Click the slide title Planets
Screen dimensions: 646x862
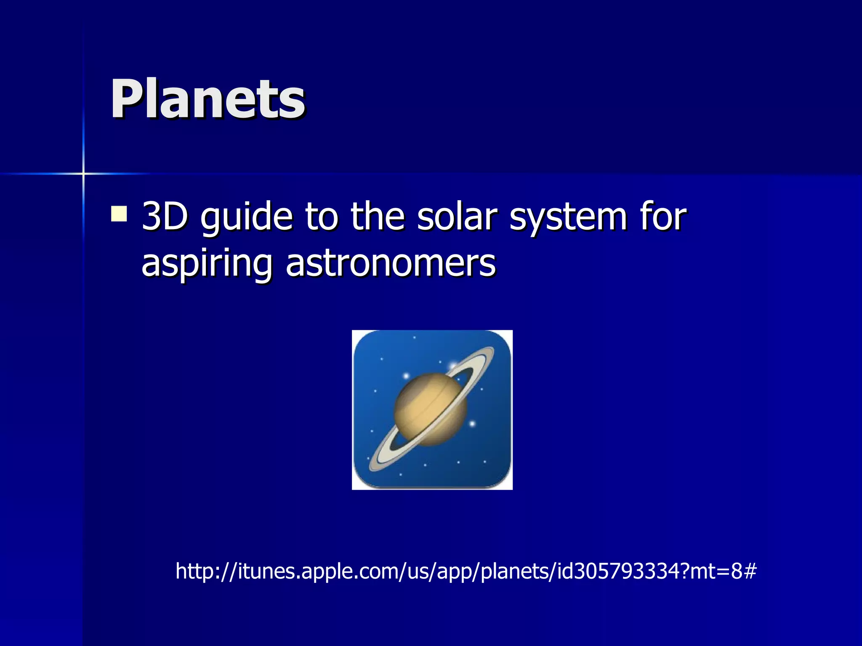208,100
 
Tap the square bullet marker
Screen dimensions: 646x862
119,214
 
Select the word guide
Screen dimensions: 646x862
246,218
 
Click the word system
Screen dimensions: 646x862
568,218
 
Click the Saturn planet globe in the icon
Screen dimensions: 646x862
430,409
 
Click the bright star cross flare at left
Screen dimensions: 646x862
83,173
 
